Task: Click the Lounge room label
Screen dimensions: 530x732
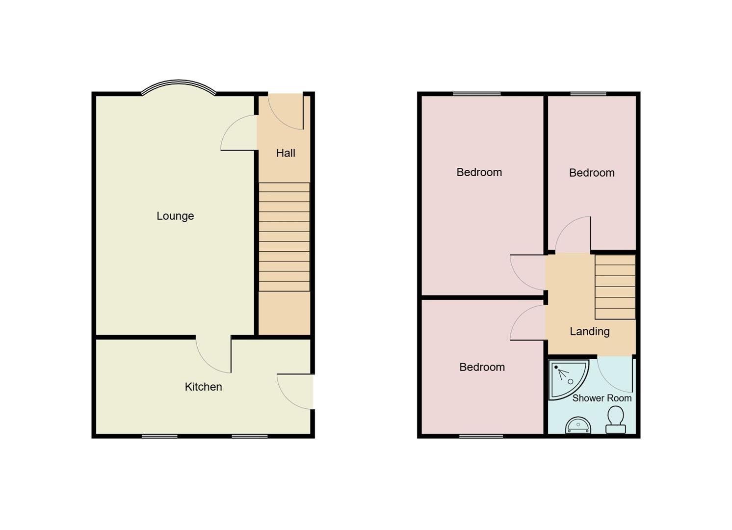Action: click(175, 216)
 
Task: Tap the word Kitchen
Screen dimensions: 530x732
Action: click(203, 387)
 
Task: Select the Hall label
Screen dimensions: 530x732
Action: click(286, 153)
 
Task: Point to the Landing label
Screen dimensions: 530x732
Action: click(589, 331)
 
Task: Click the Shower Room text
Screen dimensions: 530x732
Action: click(601, 398)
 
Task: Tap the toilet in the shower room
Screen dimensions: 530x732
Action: click(615, 421)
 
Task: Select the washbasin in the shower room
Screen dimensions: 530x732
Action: click(578, 425)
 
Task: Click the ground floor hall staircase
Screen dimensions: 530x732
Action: click(284, 237)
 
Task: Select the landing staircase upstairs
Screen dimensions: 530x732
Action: click(615, 287)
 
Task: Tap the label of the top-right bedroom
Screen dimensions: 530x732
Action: click(592, 173)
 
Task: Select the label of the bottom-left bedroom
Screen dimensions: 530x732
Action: click(482, 367)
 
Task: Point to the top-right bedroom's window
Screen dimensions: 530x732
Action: click(588, 94)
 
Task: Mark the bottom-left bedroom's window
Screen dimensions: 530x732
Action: click(481, 436)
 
